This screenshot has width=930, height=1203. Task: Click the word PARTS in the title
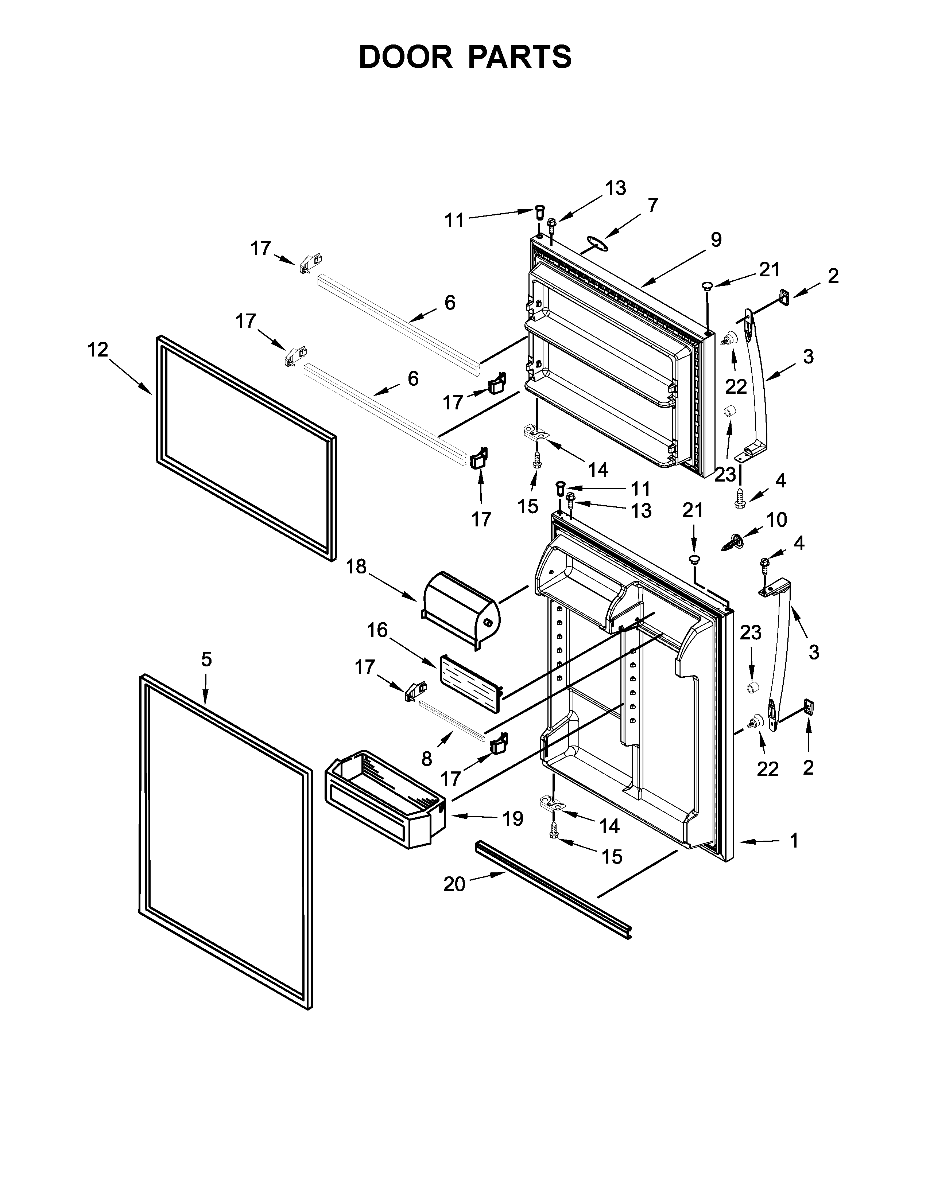pos(520,57)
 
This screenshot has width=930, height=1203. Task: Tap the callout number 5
pos(206,659)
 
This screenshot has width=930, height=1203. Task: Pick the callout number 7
pos(653,206)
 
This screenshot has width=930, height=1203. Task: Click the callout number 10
pos(776,519)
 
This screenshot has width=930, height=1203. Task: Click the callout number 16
pos(377,630)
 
